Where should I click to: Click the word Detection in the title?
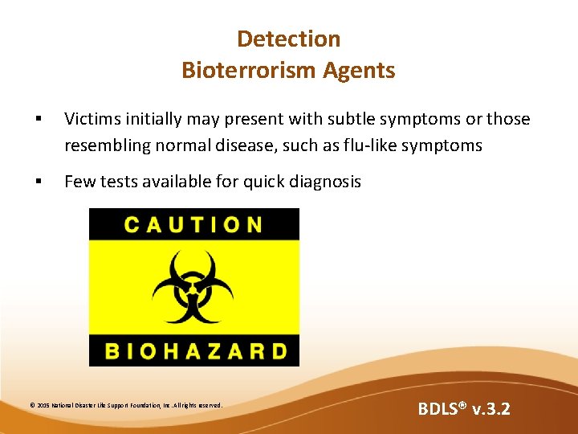pyautogui.click(x=289, y=39)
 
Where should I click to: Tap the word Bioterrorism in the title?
pyautogui.click(x=249, y=71)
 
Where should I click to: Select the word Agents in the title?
pyautogui.click(x=360, y=71)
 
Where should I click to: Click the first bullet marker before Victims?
pyautogui.click(x=39, y=120)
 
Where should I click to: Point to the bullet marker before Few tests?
pyautogui.click(x=39, y=182)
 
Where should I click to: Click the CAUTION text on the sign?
pyautogui.click(x=193, y=224)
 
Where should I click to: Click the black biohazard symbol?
pyautogui.click(x=193, y=287)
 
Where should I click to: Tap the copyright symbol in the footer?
pyautogui.click(x=32, y=405)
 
